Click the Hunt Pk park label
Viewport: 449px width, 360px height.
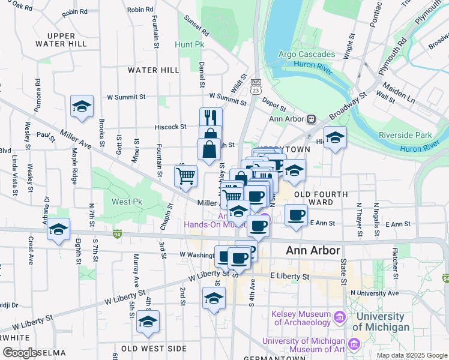point(190,44)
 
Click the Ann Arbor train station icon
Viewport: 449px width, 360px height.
point(311,119)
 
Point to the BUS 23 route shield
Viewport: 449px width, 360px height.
point(256,86)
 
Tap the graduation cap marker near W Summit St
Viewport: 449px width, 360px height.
point(82,107)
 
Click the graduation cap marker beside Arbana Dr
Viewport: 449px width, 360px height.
point(59,230)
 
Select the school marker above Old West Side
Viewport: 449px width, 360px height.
point(148,323)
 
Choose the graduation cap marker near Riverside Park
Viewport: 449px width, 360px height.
point(335,137)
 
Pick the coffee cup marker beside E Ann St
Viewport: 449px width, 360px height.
point(295,215)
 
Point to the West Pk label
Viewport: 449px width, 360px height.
point(126,202)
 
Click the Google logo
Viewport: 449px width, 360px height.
point(20,353)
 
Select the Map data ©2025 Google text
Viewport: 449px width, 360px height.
point(411,355)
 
